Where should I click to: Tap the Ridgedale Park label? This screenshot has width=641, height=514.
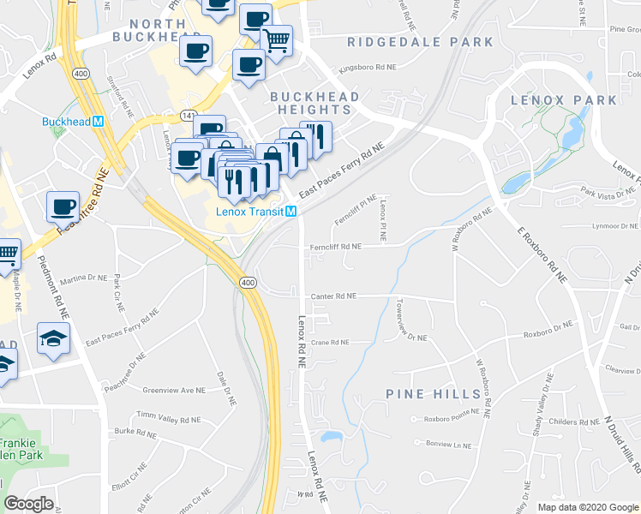click(x=420, y=42)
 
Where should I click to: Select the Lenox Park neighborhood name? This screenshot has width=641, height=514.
click(x=563, y=100)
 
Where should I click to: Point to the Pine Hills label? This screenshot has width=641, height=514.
click(x=434, y=393)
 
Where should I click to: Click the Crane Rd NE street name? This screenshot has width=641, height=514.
click(x=330, y=342)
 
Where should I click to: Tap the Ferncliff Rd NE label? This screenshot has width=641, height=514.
click(x=335, y=246)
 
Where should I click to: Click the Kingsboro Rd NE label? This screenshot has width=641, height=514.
click(x=368, y=66)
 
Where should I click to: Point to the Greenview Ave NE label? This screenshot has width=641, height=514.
click(x=174, y=389)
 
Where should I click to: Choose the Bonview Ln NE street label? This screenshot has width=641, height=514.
click(x=449, y=445)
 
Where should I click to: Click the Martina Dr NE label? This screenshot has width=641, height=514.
click(x=83, y=278)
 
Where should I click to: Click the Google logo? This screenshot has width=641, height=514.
click(x=28, y=505)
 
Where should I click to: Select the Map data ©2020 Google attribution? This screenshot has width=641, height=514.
click(x=588, y=507)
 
